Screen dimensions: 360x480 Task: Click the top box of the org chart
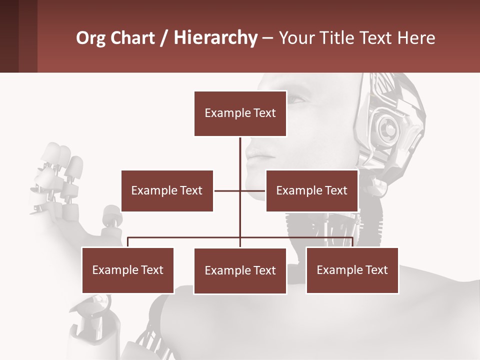(240, 113)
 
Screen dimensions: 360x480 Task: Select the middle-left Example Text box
(167, 190)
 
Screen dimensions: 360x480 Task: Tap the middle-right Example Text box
(311, 190)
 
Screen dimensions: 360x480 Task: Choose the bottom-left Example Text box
(127, 270)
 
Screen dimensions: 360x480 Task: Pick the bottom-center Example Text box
(240, 271)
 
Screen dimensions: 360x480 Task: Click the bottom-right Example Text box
(352, 270)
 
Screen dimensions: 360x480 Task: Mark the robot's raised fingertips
(62, 152)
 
